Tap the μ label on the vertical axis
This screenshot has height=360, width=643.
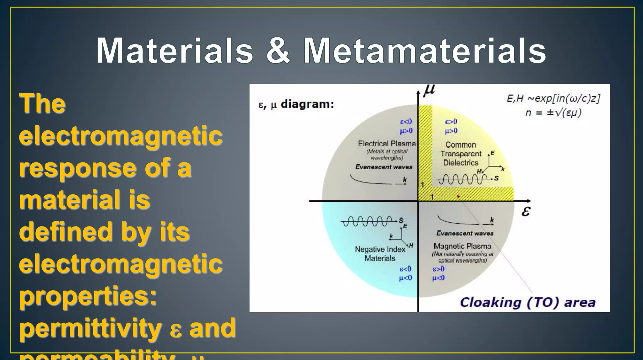pos(429,90)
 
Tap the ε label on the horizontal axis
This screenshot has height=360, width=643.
pos(526,211)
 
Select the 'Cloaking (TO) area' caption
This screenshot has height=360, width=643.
pos(527,302)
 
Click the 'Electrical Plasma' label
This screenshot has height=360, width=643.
pos(386,144)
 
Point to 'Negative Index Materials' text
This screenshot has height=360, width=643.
pos(380,254)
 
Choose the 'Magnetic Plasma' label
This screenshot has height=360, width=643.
pos(462,246)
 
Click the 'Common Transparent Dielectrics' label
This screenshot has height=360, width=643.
pos(461,154)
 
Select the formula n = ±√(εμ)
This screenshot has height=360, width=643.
pos(553,112)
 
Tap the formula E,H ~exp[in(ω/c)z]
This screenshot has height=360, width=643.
pos(553,98)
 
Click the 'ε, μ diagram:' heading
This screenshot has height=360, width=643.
pos(296,104)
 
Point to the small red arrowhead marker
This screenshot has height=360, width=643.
pos(458,197)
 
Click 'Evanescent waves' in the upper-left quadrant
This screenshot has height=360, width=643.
pos(384,167)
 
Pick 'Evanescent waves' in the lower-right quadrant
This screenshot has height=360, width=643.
pos(465,233)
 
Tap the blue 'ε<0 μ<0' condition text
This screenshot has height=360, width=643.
pos(405,273)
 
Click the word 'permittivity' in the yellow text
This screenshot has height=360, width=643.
pos(90,328)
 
